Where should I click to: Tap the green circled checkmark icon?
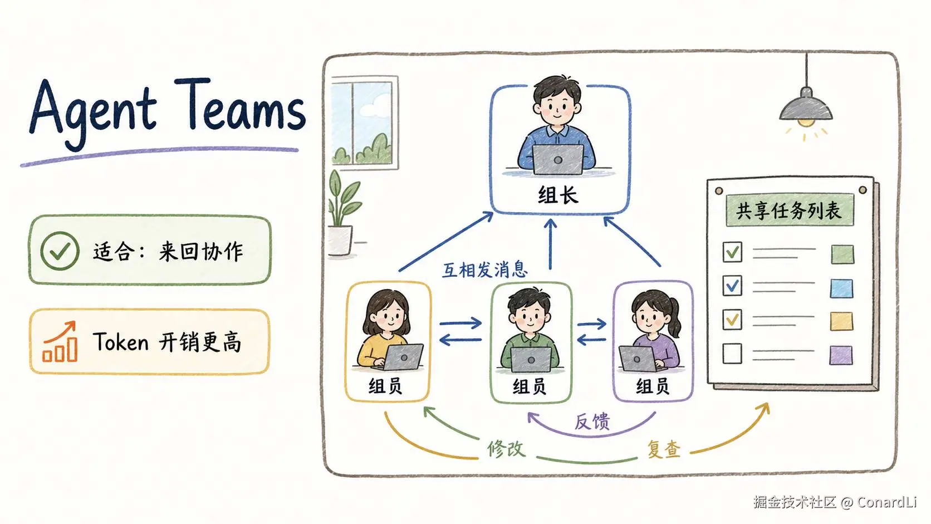point(60,251)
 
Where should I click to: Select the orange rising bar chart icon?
point(60,341)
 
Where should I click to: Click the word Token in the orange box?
point(120,342)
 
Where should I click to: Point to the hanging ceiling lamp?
point(806,100)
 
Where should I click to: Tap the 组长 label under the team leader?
point(558,195)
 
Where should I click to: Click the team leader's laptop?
point(558,160)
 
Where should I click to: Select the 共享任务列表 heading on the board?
point(789,210)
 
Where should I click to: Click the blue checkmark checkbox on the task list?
point(732,286)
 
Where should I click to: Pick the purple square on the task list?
point(841,355)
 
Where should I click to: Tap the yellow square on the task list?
point(842,321)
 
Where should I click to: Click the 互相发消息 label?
point(484,270)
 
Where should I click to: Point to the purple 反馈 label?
point(592,422)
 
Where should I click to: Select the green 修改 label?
point(506,449)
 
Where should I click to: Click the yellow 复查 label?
point(664,449)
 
